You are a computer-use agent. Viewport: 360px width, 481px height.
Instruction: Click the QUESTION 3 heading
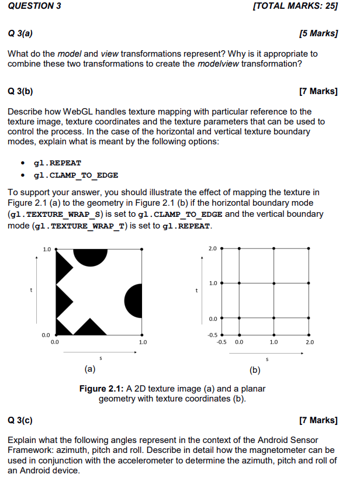click(x=34, y=6)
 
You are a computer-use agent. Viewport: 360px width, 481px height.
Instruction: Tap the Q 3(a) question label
click(x=20, y=33)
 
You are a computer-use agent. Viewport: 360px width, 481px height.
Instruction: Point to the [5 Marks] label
click(x=318, y=33)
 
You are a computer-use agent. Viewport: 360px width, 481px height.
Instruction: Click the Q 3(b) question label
click(x=20, y=91)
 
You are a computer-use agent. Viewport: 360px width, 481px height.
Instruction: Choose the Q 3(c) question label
click(x=20, y=420)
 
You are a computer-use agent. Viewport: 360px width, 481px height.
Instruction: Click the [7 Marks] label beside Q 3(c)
click(x=318, y=420)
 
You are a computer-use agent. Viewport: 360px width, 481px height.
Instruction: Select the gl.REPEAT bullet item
click(x=57, y=162)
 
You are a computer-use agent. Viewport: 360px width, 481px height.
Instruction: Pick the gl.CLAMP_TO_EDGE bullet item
click(x=76, y=175)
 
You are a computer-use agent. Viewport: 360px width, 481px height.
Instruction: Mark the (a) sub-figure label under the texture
click(x=90, y=369)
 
